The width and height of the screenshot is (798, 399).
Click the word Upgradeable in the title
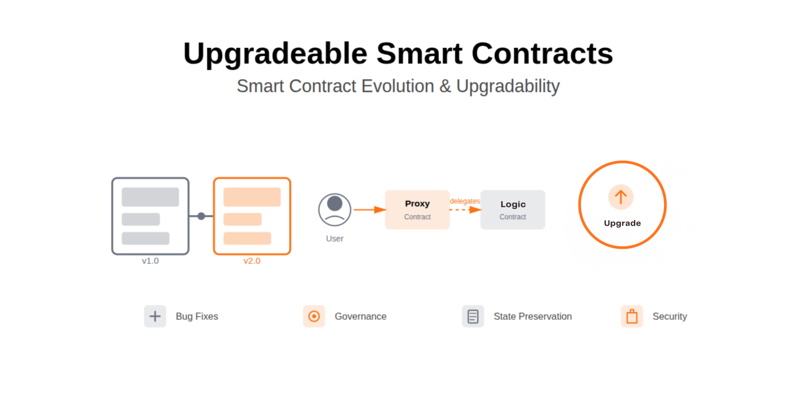pyautogui.click(x=275, y=54)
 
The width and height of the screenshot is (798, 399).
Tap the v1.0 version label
pyautogui.click(x=150, y=261)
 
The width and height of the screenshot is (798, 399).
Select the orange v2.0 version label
pyautogui.click(x=252, y=261)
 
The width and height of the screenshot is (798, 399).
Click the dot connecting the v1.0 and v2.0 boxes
pyautogui.click(x=201, y=216)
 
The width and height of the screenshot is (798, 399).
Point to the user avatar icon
pyautogui.click(x=335, y=209)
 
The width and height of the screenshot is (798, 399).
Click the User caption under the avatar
pyautogui.click(x=335, y=239)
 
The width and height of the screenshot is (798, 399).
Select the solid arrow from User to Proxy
pyautogui.click(x=370, y=209)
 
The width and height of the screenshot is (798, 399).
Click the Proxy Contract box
pyautogui.click(x=417, y=209)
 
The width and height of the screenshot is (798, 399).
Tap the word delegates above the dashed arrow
pyautogui.click(x=465, y=201)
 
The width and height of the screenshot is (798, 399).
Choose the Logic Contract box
pyautogui.click(x=512, y=209)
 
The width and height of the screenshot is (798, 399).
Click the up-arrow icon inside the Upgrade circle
pyautogui.click(x=621, y=197)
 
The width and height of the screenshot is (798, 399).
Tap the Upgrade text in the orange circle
pyautogui.click(x=622, y=223)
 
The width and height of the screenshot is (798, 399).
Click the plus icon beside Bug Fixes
pyautogui.click(x=155, y=316)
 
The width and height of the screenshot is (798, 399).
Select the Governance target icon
pyautogui.click(x=314, y=316)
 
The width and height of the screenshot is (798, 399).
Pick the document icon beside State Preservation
pyautogui.click(x=473, y=316)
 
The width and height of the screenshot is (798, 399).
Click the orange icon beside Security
pyautogui.click(x=632, y=316)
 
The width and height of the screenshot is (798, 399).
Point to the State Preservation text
pyautogui.click(x=532, y=316)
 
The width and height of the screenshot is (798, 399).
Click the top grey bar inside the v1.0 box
pyautogui.click(x=150, y=197)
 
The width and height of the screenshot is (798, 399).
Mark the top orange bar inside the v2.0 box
pyautogui.click(x=252, y=197)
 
